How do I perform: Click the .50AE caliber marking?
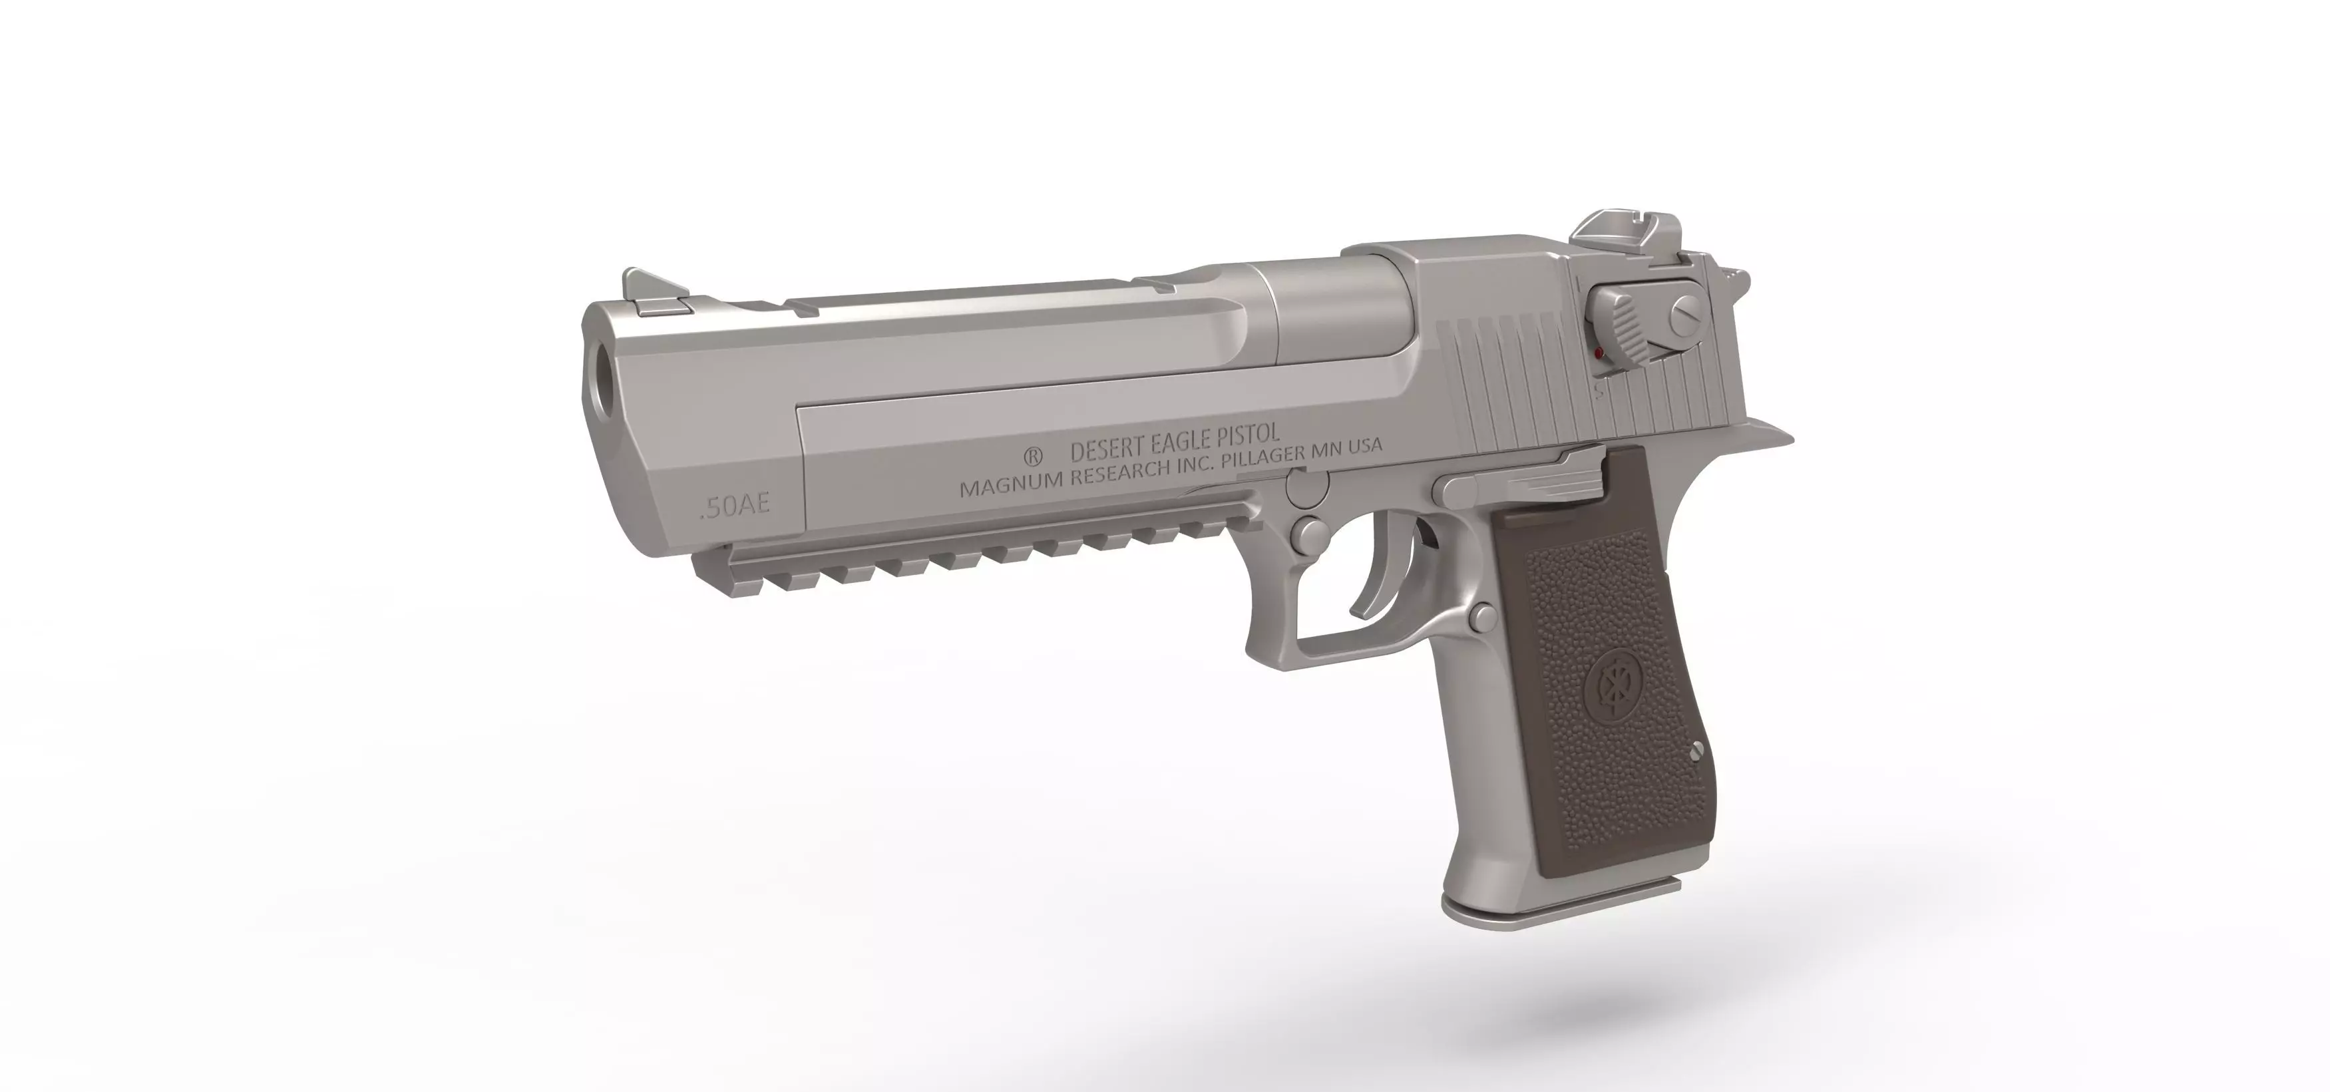coord(735,505)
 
